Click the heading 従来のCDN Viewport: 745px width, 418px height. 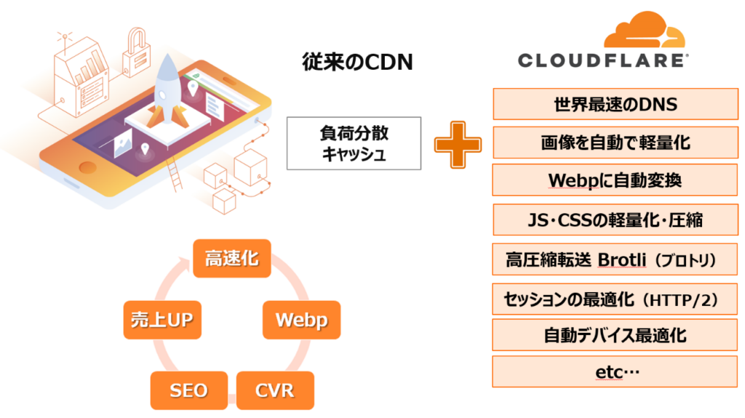point(357,63)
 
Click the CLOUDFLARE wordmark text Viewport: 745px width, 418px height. point(601,60)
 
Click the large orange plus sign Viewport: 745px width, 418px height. point(458,142)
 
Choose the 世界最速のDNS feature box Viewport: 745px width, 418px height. point(615,104)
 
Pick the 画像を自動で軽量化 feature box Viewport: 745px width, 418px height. point(615,142)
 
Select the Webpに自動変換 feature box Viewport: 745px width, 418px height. point(615,180)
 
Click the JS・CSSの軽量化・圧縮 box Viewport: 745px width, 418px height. point(615,219)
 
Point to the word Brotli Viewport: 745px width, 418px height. point(622,260)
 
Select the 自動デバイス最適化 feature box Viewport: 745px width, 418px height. point(615,335)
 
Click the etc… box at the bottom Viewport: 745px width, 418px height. point(615,372)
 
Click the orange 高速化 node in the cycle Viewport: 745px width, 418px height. point(231,258)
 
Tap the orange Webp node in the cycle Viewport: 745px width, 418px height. point(300,319)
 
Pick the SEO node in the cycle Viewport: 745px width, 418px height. point(188,390)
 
